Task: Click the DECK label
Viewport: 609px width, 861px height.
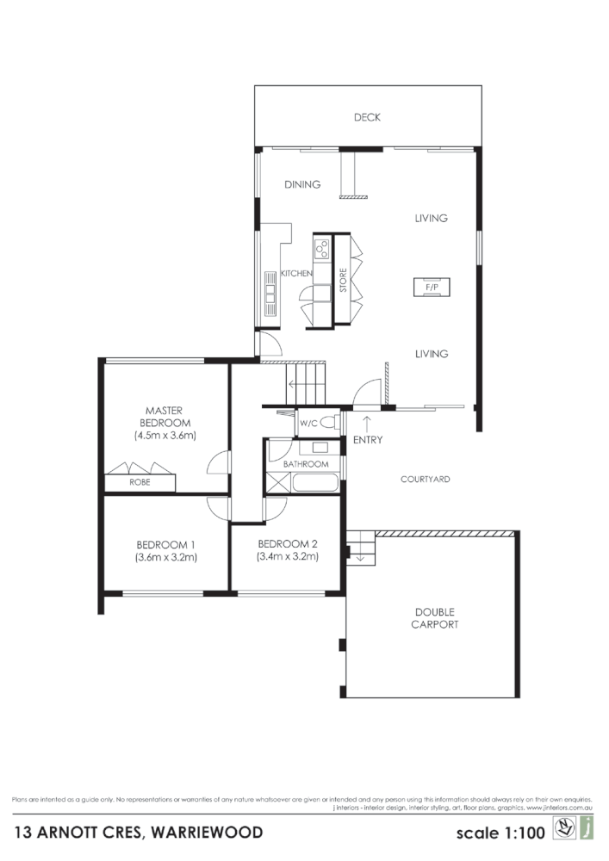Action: pyautogui.click(x=367, y=118)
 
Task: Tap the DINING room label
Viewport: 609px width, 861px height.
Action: pyautogui.click(x=302, y=184)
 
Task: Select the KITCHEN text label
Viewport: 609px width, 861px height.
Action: pyautogui.click(x=296, y=273)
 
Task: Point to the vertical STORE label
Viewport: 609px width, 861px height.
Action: pyautogui.click(x=342, y=282)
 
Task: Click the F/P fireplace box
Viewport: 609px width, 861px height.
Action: pyautogui.click(x=431, y=286)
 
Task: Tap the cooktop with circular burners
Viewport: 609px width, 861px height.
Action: pyautogui.click(x=322, y=248)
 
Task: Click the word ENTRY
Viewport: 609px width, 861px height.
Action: pyautogui.click(x=368, y=441)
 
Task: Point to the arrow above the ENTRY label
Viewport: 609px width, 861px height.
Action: pyautogui.click(x=368, y=423)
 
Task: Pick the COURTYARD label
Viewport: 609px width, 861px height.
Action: pyautogui.click(x=426, y=479)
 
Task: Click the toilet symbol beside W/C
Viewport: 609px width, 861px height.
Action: pyautogui.click(x=333, y=424)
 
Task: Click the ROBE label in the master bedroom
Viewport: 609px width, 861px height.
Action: pyautogui.click(x=140, y=482)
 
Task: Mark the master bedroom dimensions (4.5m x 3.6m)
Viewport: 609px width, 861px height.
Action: pyautogui.click(x=166, y=436)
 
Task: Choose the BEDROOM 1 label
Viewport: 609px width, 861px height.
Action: pyautogui.click(x=166, y=544)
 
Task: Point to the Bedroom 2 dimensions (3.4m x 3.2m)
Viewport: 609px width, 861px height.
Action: pyautogui.click(x=288, y=556)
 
